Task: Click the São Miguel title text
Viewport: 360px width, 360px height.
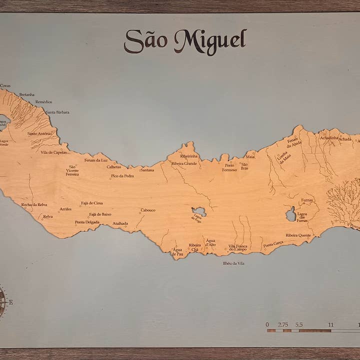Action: [x=185, y=41]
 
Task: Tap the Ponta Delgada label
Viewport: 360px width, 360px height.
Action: [x=87, y=222]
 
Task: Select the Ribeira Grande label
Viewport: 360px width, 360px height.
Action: [x=184, y=163]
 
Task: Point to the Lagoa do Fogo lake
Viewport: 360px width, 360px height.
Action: [x=199, y=212]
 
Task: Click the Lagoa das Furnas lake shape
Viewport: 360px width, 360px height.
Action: [x=290, y=215]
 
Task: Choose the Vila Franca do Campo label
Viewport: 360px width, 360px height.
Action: [x=237, y=247]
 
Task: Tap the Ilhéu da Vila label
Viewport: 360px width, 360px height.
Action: [x=233, y=263]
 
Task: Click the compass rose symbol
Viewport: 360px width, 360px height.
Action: [x=2, y=302]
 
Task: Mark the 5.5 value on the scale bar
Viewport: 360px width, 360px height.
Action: [x=299, y=324]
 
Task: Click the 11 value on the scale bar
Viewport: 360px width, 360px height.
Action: [x=330, y=324]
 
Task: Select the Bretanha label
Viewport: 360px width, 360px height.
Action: [x=27, y=94]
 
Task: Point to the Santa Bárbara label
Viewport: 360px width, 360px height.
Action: [x=57, y=112]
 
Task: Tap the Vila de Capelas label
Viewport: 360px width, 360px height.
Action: [x=53, y=152]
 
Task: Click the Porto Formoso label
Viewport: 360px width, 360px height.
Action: [x=229, y=167]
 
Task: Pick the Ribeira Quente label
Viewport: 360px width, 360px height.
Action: [x=298, y=235]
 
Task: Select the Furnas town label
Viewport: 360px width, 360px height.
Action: [x=307, y=200]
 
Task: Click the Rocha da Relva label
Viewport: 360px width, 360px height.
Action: [x=34, y=204]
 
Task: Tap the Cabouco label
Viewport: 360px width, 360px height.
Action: [x=148, y=210]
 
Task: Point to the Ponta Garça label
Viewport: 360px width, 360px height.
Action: [x=273, y=244]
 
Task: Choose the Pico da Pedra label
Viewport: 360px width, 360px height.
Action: [x=122, y=176]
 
